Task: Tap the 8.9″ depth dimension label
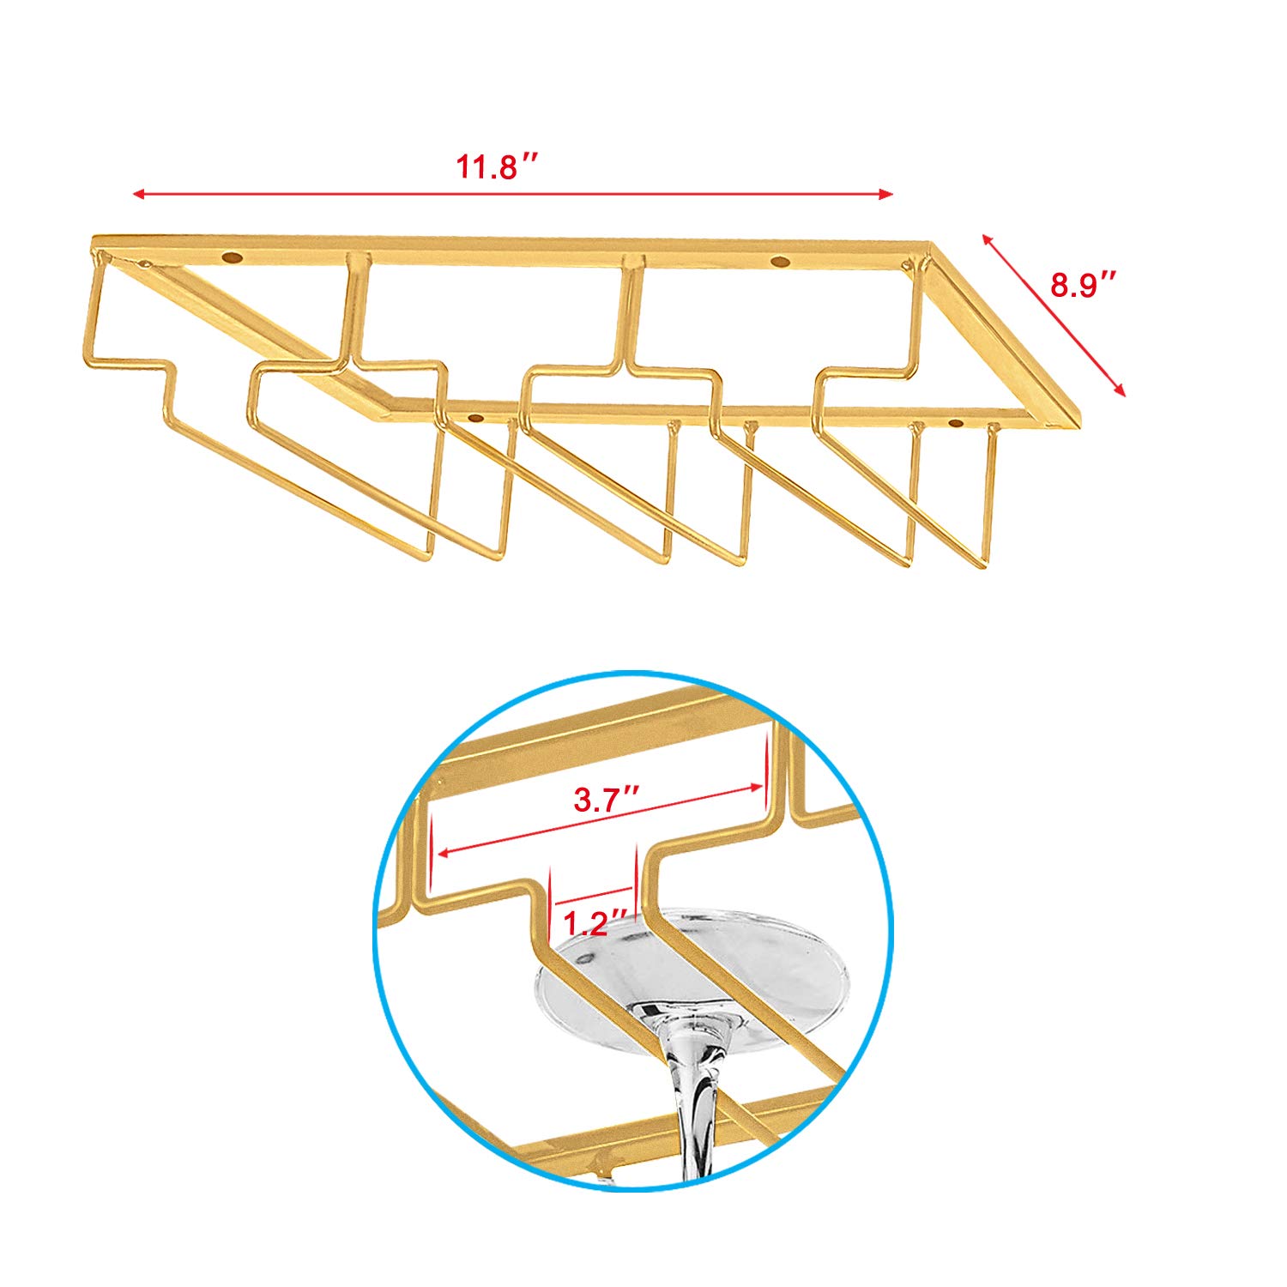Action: (x=1085, y=284)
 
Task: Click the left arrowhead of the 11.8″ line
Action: (x=138, y=195)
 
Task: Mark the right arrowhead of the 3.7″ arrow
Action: (x=756, y=786)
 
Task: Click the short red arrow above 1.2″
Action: (x=594, y=897)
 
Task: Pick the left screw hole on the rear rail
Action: (x=231, y=257)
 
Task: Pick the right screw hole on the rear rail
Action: (x=779, y=261)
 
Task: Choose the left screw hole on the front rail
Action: (x=474, y=419)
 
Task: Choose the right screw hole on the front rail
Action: (x=956, y=422)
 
